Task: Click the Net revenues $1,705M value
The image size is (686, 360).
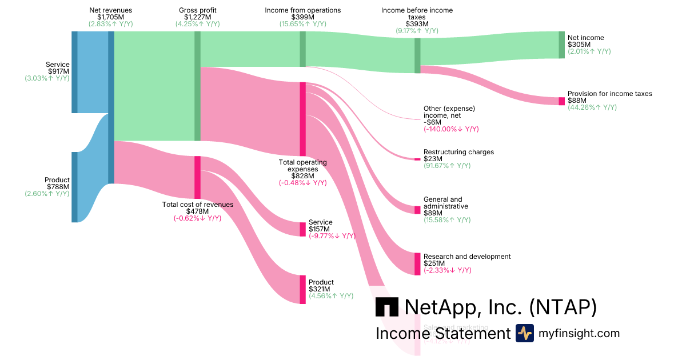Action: pyautogui.click(x=111, y=17)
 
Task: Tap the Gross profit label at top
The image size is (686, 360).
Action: pyautogui.click(x=198, y=10)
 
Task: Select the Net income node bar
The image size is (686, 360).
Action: pyautogui.click(x=561, y=45)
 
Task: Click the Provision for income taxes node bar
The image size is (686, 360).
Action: pyautogui.click(x=561, y=101)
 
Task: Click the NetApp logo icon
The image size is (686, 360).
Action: pyautogui.click(x=387, y=307)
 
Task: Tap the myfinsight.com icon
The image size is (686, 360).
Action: pyautogui.click(x=525, y=333)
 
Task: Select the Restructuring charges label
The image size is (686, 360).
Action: pyautogui.click(x=458, y=152)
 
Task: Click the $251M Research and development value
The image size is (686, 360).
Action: pyautogui.click(x=434, y=263)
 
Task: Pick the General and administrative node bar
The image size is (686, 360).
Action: pyautogui.click(x=417, y=210)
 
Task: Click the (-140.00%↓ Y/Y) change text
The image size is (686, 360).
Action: pyautogui.click(x=451, y=129)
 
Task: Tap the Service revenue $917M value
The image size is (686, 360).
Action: pyautogui.click(x=58, y=71)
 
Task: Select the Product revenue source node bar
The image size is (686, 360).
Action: pyautogui.click(x=74, y=187)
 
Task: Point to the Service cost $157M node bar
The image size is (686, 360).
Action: pyautogui.click(x=303, y=229)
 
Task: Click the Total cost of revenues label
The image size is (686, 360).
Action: pyautogui.click(x=198, y=205)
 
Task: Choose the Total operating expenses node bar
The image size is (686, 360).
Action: pyautogui.click(x=303, y=121)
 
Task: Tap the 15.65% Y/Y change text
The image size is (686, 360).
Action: pyautogui.click(x=303, y=24)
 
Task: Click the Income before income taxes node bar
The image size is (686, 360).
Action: pyautogui.click(x=417, y=55)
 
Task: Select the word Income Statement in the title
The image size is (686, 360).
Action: pyautogui.click(x=442, y=334)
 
